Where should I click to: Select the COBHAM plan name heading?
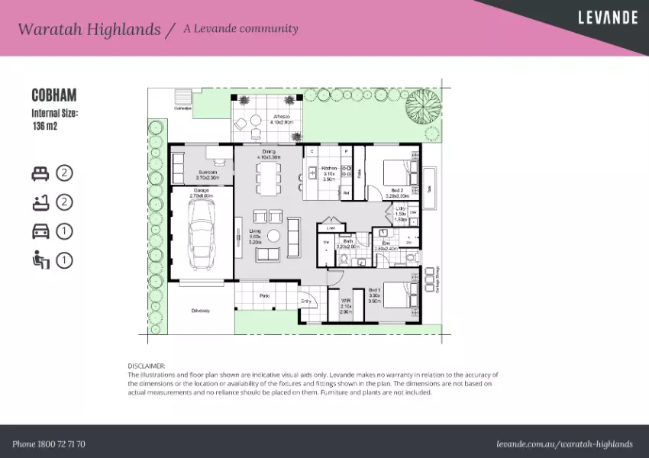[x=53, y=96]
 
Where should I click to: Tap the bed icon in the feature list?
[x=40, y=173]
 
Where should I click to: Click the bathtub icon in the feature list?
[x=40, y=202]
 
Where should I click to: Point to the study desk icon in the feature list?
[x=40, y=260]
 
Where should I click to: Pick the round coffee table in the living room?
[x=273, y=236]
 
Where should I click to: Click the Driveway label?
[x=201, y=311]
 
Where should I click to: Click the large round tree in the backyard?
[x=422, y=105]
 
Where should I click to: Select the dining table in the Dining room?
[x=268, y=177]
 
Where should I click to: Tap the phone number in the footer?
[x=49, y=443]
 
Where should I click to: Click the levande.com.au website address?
[x=564, y=443]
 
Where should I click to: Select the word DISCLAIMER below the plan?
[x=146, y=366]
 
